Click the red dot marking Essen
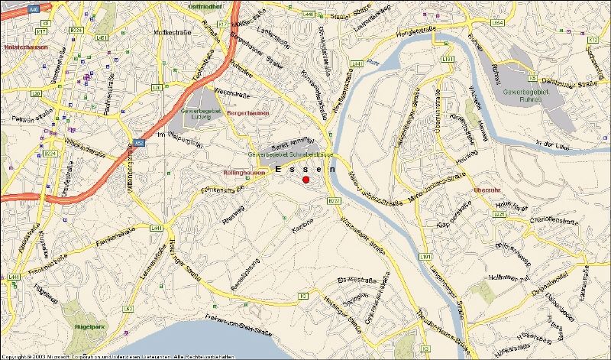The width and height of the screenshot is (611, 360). point(305,180)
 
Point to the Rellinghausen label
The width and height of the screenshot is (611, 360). point(245,172)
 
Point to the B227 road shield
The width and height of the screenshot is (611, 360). point(333,201)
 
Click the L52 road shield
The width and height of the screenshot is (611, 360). point(128,309)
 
